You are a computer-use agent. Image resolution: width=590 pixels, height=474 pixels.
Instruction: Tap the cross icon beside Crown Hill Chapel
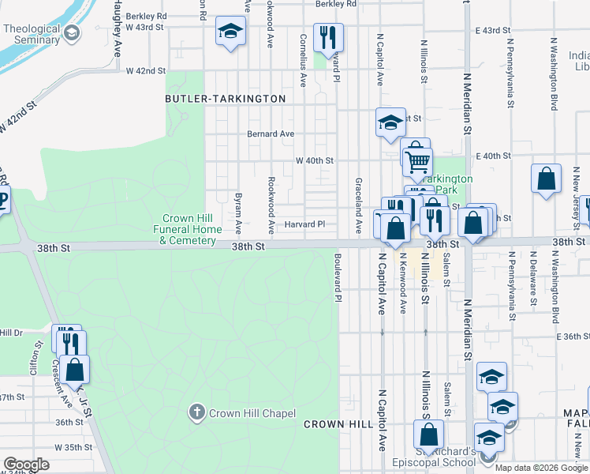coord(196,412)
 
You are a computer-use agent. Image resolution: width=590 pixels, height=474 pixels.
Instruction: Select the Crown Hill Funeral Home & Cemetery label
coord(189,229)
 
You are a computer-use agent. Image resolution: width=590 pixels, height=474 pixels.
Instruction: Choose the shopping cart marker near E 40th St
coord(416,161)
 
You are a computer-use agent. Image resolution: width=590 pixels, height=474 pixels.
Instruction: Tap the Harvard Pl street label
coord(304,224)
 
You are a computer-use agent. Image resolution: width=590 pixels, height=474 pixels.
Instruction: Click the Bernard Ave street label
coord(271,134)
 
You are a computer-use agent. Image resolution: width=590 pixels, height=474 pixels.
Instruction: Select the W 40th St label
coord(315,160)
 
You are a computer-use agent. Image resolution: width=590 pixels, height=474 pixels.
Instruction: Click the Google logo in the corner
coord(26,465)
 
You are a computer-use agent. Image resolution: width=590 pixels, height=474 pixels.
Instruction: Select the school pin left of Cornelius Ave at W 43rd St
coord(230,32)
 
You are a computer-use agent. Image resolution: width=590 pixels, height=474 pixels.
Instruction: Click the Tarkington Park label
coord(446,184)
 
